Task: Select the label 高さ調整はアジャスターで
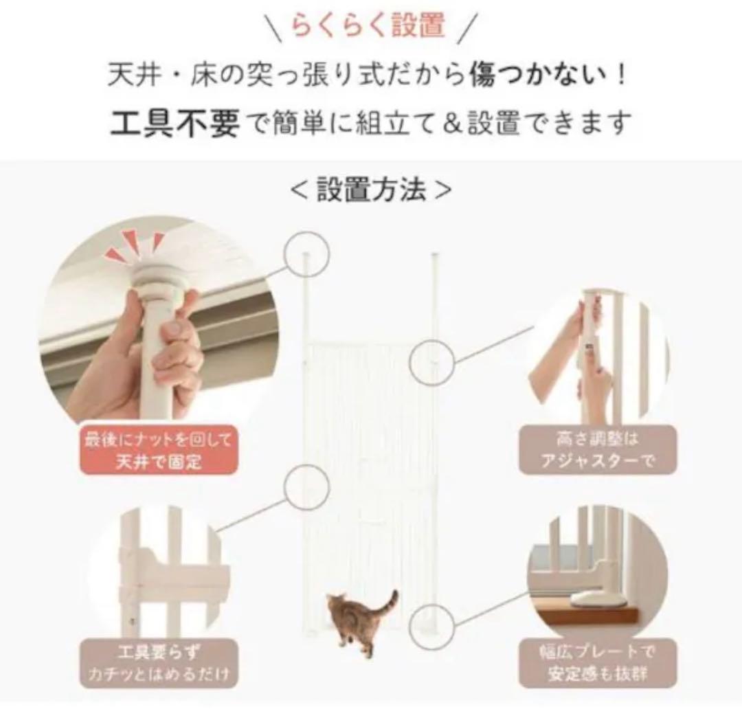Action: point(597,449)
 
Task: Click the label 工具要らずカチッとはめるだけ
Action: point(159,663)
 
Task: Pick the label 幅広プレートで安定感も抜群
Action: point(597,663)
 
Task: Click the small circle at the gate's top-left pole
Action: point(306,253)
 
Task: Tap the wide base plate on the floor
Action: point(598,600)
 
